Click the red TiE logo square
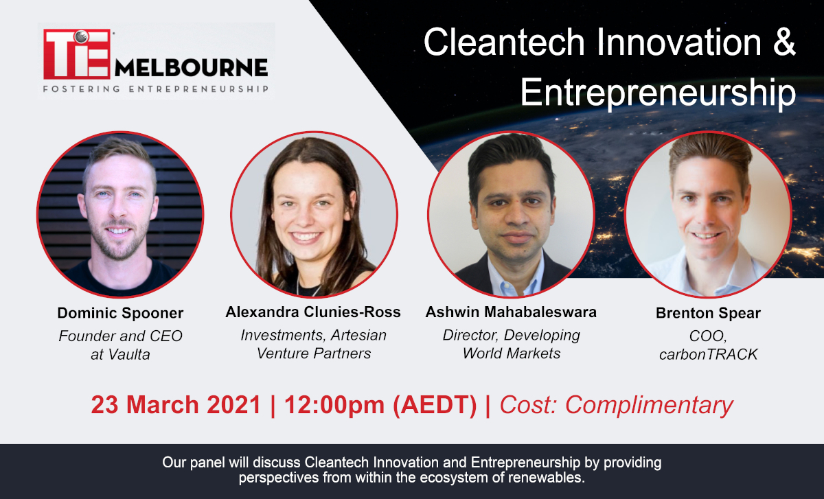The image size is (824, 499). (77, 54)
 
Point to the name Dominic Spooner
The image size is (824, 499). (120, 313)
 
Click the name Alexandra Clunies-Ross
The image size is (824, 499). (313, 312)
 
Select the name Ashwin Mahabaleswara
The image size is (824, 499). (511, 312)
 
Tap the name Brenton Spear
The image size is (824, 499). (708, 313)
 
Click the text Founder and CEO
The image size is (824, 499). (120, 336)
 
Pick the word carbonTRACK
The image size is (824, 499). (708, 355)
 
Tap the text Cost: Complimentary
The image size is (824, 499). (616, 405)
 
